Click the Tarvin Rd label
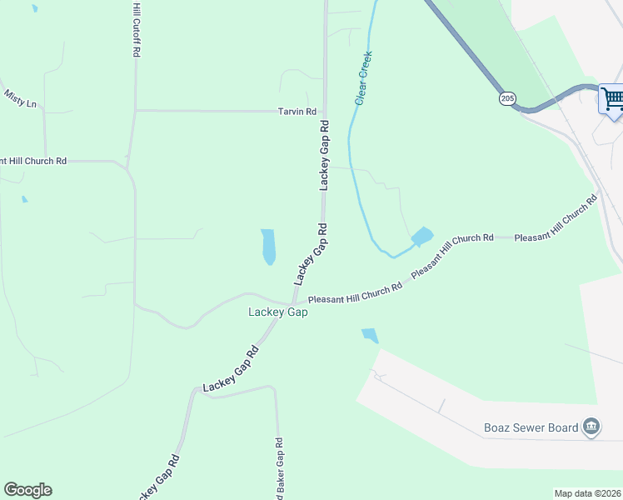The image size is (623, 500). pyautogui.click(x=297, y=112)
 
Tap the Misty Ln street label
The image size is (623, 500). pyautogui.click(x=20, y=99)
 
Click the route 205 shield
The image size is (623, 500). pyautogui.click(x=508, y=99)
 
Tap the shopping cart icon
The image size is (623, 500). pyautogui.click(x=612, y=99)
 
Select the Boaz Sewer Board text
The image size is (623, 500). pyautogui.click(x=531, y=428)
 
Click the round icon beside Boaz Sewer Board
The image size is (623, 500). pyautogui.click(x=591, y=427)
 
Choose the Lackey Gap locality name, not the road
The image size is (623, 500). pyautogui.click(x=278, y=312)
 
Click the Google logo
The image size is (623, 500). pyautogui.click(x=27, y=490)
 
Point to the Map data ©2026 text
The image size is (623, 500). pyautogui.click(x=587, y=493)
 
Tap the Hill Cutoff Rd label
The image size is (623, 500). pyautogui.click(x=136, y=29)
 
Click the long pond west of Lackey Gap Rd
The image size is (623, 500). pyautogui.click(x=268, y=247)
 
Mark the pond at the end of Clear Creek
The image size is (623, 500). pyautogui.click(x=422, y=237)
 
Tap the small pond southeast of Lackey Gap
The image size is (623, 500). pyautogui.click(x=369, y=336)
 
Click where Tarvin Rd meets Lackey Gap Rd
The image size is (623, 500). pyautogui.click(x=325, y=111)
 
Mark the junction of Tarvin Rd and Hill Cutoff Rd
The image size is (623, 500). pyautogui.click(x=135, y=110)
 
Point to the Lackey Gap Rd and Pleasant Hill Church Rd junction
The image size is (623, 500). pyautogui.click(x=294, y=302)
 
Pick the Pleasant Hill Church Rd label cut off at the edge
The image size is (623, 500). pyautogui.click(x=33, y=161)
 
